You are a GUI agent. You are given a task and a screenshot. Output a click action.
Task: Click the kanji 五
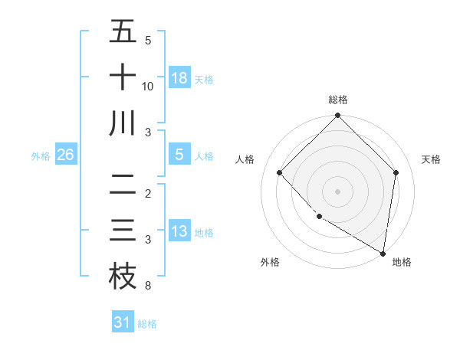123,32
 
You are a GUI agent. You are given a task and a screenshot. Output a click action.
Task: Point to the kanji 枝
123,277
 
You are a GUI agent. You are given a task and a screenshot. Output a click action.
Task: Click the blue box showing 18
179,77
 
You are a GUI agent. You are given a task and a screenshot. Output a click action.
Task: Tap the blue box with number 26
66,155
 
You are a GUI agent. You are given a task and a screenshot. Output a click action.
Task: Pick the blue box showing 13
179,231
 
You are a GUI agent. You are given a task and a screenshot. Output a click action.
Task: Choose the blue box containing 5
179,155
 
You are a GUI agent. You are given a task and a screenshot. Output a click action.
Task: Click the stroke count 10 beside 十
148,87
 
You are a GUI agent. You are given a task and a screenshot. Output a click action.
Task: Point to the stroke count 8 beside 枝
147,286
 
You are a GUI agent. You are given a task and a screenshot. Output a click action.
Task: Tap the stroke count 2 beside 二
147,193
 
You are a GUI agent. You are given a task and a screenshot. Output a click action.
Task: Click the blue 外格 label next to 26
41,155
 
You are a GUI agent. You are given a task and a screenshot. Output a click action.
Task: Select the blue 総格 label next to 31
147,323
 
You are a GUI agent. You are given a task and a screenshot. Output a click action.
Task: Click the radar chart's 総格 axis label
337,100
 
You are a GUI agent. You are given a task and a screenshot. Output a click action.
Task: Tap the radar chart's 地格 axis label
402,262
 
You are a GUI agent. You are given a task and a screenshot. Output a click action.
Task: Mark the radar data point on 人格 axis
280,172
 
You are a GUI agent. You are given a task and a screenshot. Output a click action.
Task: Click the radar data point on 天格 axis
396,172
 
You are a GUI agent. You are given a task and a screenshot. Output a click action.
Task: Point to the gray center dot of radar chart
337,191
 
